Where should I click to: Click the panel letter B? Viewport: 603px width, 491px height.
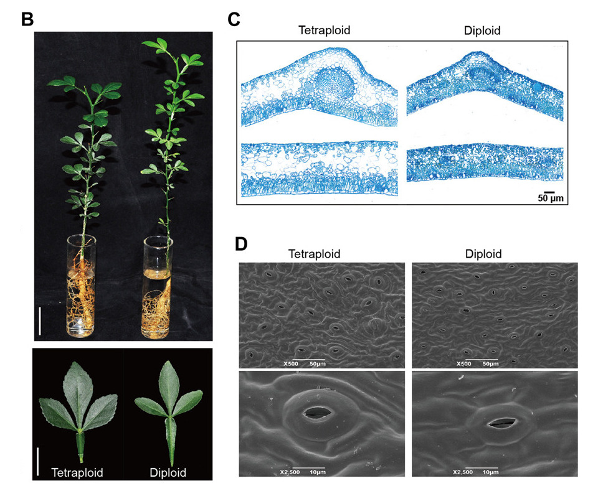tap(27, 19)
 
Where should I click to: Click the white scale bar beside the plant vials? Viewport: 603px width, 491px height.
tap(39, 320)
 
